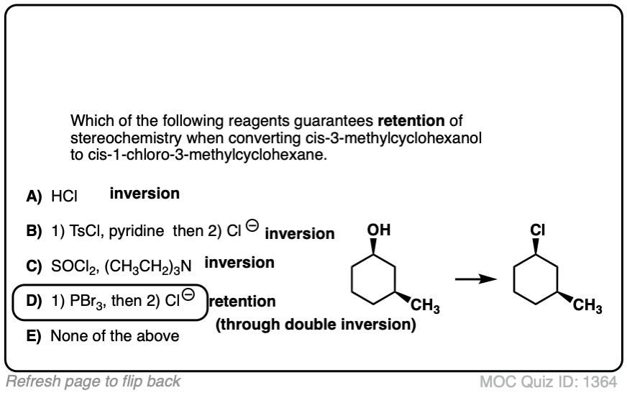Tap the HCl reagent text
63,196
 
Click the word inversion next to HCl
144,194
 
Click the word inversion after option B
299,234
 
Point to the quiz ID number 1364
604,382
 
